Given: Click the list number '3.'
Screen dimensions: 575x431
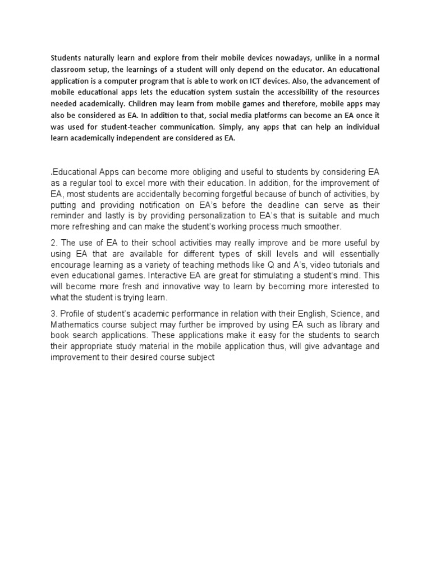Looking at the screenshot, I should [55, 313].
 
